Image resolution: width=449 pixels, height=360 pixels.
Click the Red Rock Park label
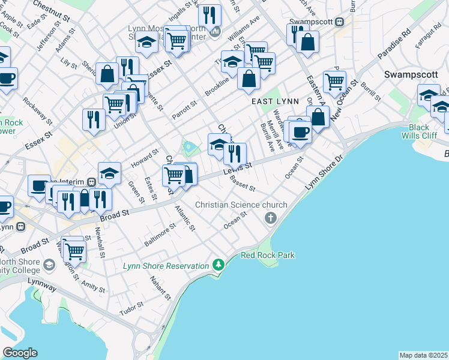(x=268, y=255)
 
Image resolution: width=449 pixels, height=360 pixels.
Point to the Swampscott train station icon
(x=339, y=22)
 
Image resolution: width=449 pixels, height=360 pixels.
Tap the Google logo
(x=20, y=353)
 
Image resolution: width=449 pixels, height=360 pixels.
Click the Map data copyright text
(x=423, y=355)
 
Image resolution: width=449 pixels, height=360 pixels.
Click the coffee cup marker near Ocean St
(x=300, y=131)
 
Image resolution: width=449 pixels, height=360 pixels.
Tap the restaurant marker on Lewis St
(x=235, y=153)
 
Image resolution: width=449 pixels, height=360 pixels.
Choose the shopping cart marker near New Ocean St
(x=334, y=81)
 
